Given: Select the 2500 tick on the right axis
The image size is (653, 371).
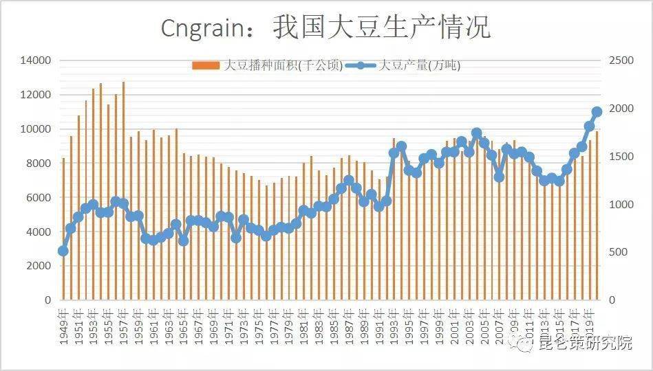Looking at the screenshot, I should click(x=621, y=60).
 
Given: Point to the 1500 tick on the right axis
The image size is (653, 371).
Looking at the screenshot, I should click(x=621, y=157).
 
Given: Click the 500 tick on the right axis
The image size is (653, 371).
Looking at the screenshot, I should click(x=619, y=253).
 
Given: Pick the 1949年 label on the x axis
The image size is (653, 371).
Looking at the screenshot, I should click(x=63, y=326).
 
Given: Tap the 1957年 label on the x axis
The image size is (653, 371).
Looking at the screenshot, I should click(x=124, y=326).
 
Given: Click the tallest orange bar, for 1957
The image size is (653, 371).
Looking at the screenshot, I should click(x=123, y=192).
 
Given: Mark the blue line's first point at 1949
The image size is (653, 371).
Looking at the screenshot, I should click(x=63, y=251).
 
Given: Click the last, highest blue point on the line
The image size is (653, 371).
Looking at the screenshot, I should click(x=597, y=111).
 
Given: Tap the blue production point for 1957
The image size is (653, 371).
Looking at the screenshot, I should click(x=123, y=204).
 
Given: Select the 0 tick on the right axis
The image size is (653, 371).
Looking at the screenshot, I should click(x=612, y=300).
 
